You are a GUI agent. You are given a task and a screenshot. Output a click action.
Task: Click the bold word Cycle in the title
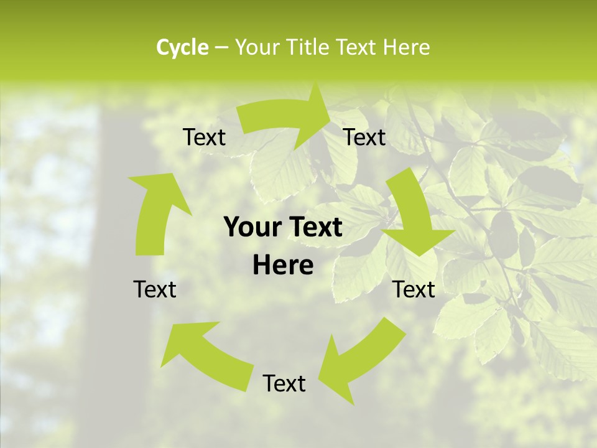[x=182, y=47]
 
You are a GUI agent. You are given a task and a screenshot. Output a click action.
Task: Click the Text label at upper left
[x=204, y=138]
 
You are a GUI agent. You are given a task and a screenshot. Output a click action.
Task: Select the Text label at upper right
[x=364, y=138]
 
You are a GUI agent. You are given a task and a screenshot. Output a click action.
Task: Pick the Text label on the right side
[x=414, y=289]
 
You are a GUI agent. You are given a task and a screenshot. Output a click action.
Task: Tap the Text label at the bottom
[x=284, y=383]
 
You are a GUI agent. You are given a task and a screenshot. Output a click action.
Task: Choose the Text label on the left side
[x=155, y=289]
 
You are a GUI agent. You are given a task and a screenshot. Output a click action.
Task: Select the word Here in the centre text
[x=283, y=266]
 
